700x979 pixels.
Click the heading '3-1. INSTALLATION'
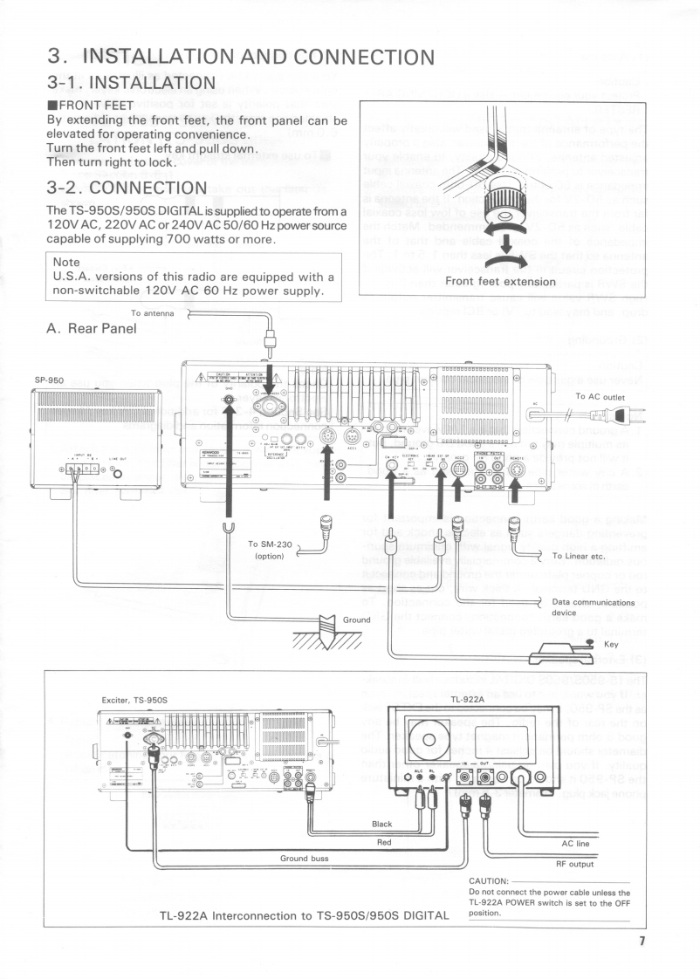tap(131, 83)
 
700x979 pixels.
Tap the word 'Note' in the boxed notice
tap(66, 262)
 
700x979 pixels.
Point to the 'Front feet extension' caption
tap(499, 281)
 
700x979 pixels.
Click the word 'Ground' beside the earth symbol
tap(356, 619)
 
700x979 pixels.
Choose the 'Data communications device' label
tap(593, 607)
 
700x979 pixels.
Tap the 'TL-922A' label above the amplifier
tap(468, 699)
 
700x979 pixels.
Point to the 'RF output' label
tap(574, 864)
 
